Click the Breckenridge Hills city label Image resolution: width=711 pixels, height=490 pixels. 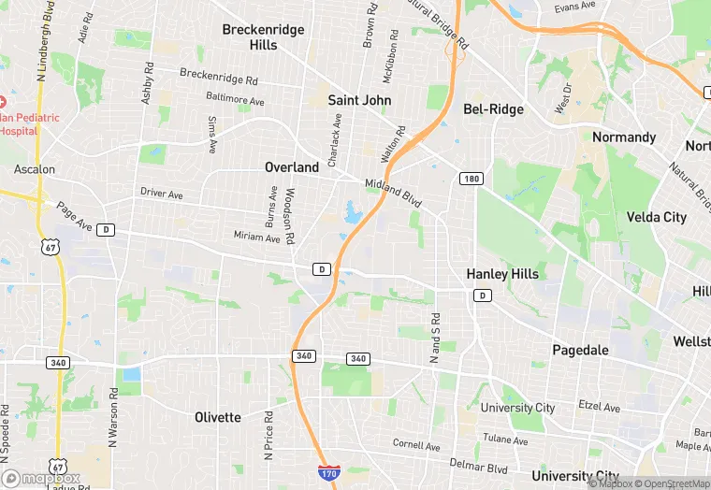coord(263,37)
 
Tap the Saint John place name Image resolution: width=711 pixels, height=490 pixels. coord(359,99)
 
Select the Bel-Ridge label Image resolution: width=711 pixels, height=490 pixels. coord(493,109)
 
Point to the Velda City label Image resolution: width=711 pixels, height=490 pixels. coord(656,217)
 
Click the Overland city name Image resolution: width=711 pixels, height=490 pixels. coord(291,167)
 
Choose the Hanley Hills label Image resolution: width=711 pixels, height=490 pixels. coord(502,274)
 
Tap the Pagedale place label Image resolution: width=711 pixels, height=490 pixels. coord(579,351)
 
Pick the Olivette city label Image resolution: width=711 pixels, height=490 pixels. coord(217,417)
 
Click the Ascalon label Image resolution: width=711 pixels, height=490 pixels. coord(35,169)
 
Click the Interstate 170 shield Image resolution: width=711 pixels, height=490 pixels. coord(327,474)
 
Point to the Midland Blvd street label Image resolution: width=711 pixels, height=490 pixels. coord(393,194)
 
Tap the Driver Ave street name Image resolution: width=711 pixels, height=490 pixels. coord(162,194)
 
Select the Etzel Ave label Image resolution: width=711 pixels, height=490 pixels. coord(599,408)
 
